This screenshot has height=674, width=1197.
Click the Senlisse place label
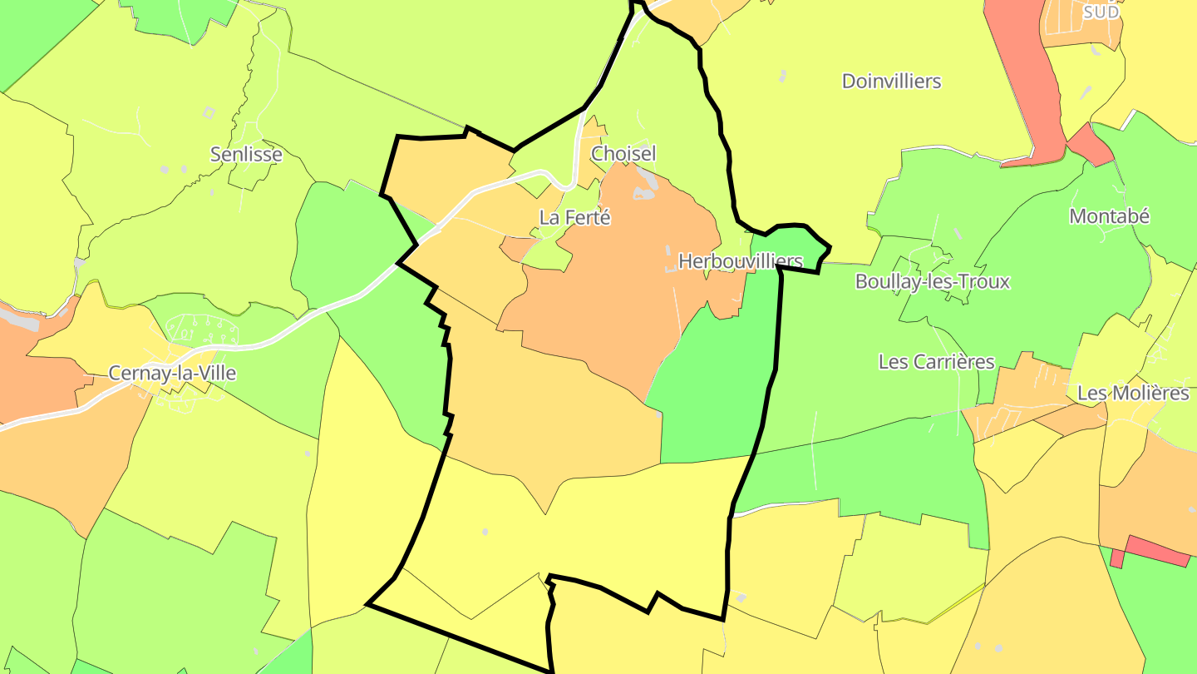coord(246,155)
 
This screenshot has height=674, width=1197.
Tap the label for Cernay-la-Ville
coord(172,374)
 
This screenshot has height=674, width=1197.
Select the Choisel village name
coord(623,153)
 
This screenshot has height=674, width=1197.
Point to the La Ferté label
coord(575,218)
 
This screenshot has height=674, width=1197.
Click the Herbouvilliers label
coord(740,261)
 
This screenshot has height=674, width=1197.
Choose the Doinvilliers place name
coord(891,82)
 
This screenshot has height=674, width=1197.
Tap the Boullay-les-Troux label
coord(932,281)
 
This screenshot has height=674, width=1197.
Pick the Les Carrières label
coord(936,362)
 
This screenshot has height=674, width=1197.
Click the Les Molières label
coord(1132,393)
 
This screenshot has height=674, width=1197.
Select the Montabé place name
coord(1109,216)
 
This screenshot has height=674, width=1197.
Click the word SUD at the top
coord(1102,12)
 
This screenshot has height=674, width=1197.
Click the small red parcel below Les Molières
coord(1157,552)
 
